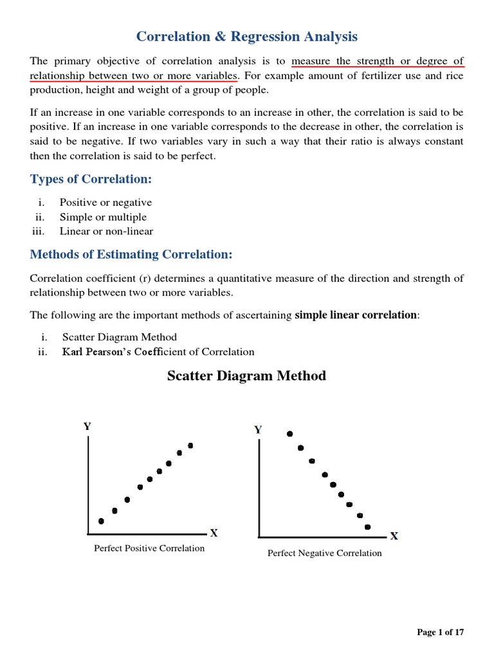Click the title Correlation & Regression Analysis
point(246,37)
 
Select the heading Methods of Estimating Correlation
point(131,254)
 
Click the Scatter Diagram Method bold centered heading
point(246,376)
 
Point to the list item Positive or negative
point(105,203)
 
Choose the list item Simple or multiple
point(103,217)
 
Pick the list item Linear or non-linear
point(106,231)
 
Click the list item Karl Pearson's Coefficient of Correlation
point(158,351)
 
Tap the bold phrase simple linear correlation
point(356,315)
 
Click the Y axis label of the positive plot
point(87,426)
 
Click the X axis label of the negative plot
point(394,535)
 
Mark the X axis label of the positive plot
point(214,533)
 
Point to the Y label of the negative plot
point(258,430)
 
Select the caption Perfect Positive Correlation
point(149,548)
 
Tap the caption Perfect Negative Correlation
point(324,553)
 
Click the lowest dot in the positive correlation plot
point(101,521)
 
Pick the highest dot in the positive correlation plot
point(190,445)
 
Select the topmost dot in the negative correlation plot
point(290,434)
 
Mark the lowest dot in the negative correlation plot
point(367,526)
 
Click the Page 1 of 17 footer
point(440,633)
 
